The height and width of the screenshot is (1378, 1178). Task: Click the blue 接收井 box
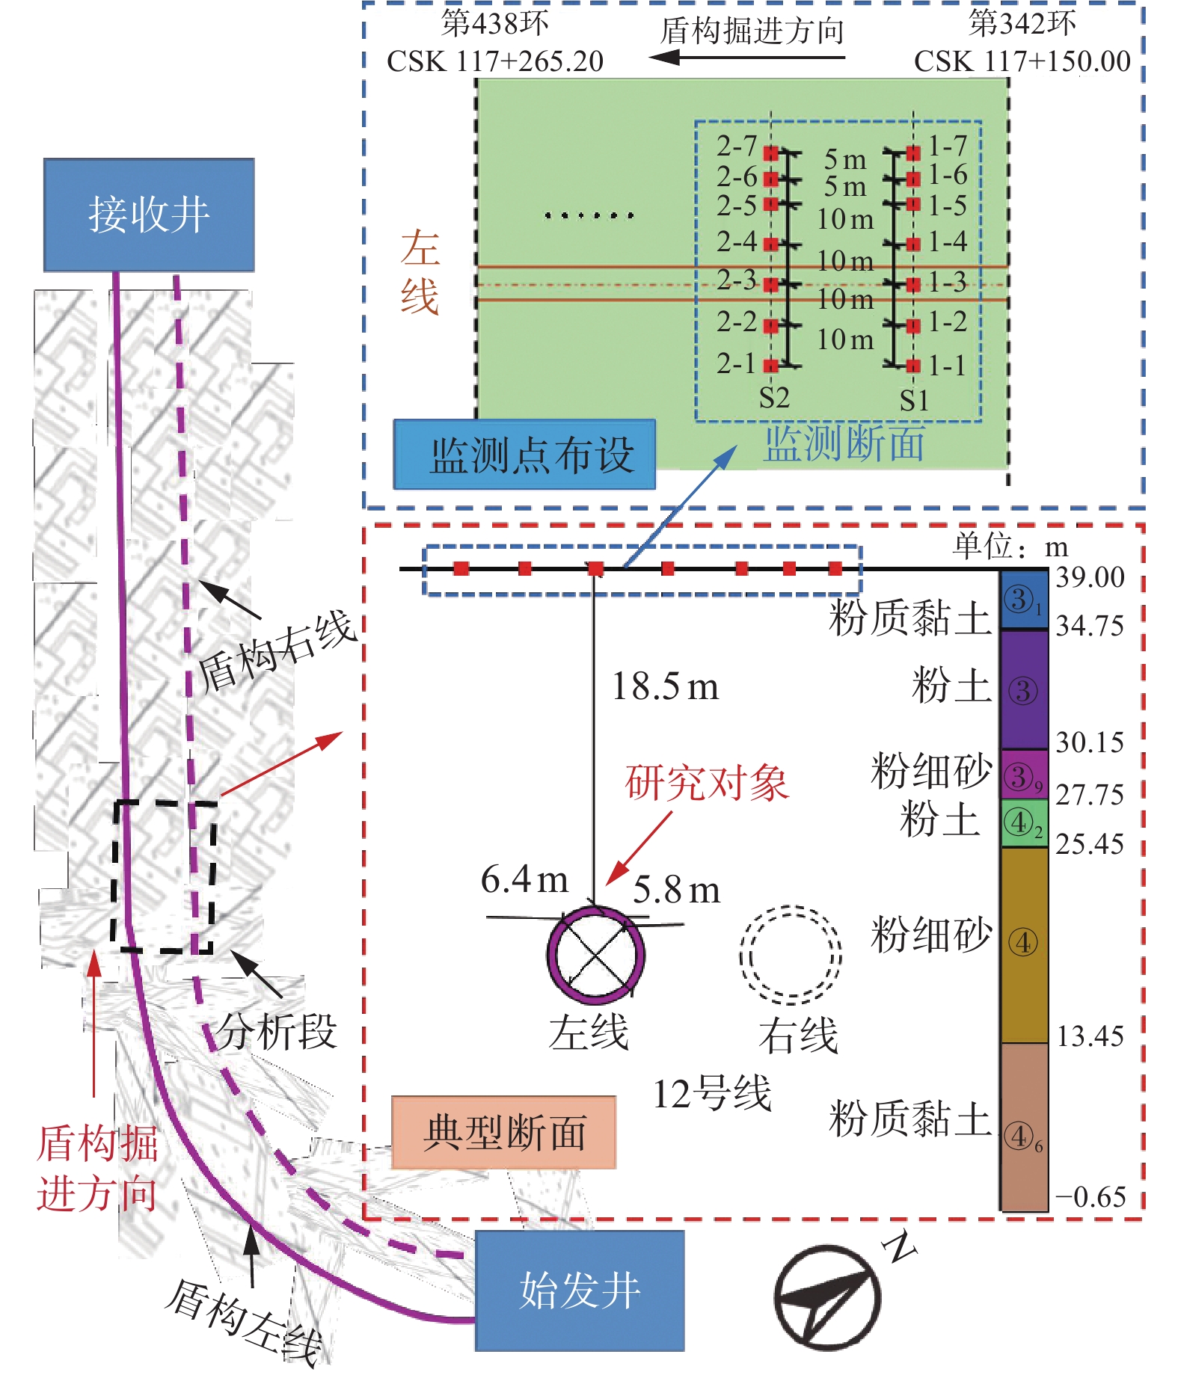pos(149,215)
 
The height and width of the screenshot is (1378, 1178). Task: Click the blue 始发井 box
pos(580,1291)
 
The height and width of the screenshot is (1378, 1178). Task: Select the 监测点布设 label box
pos(524,455)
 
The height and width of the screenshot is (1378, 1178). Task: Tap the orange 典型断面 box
pos(503,1132)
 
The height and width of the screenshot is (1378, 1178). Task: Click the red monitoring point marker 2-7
pos(770,153)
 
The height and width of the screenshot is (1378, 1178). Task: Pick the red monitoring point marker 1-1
pos(912,366)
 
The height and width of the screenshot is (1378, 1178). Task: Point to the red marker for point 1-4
pos(912,244)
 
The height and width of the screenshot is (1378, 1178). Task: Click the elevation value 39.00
pos(1090,577)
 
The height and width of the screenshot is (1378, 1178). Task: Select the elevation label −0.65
pos(1090,1197)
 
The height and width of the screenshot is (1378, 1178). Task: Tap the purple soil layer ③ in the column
pos(1024,690)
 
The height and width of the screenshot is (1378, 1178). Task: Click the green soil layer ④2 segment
pos(1024,823)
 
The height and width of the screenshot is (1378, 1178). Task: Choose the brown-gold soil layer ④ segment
pos(1024,944)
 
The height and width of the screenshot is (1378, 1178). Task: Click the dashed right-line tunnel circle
pos(791,955)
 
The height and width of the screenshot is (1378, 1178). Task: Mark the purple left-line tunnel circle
pos(595,955)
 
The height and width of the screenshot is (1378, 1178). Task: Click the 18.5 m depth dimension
pos(665,686)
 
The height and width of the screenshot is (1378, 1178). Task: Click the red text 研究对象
pos(707,784)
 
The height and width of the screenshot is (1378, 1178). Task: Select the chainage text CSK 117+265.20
pos(495,61)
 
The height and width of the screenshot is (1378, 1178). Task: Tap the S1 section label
pos(914,401)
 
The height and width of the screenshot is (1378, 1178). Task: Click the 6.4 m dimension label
pos(524,879)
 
